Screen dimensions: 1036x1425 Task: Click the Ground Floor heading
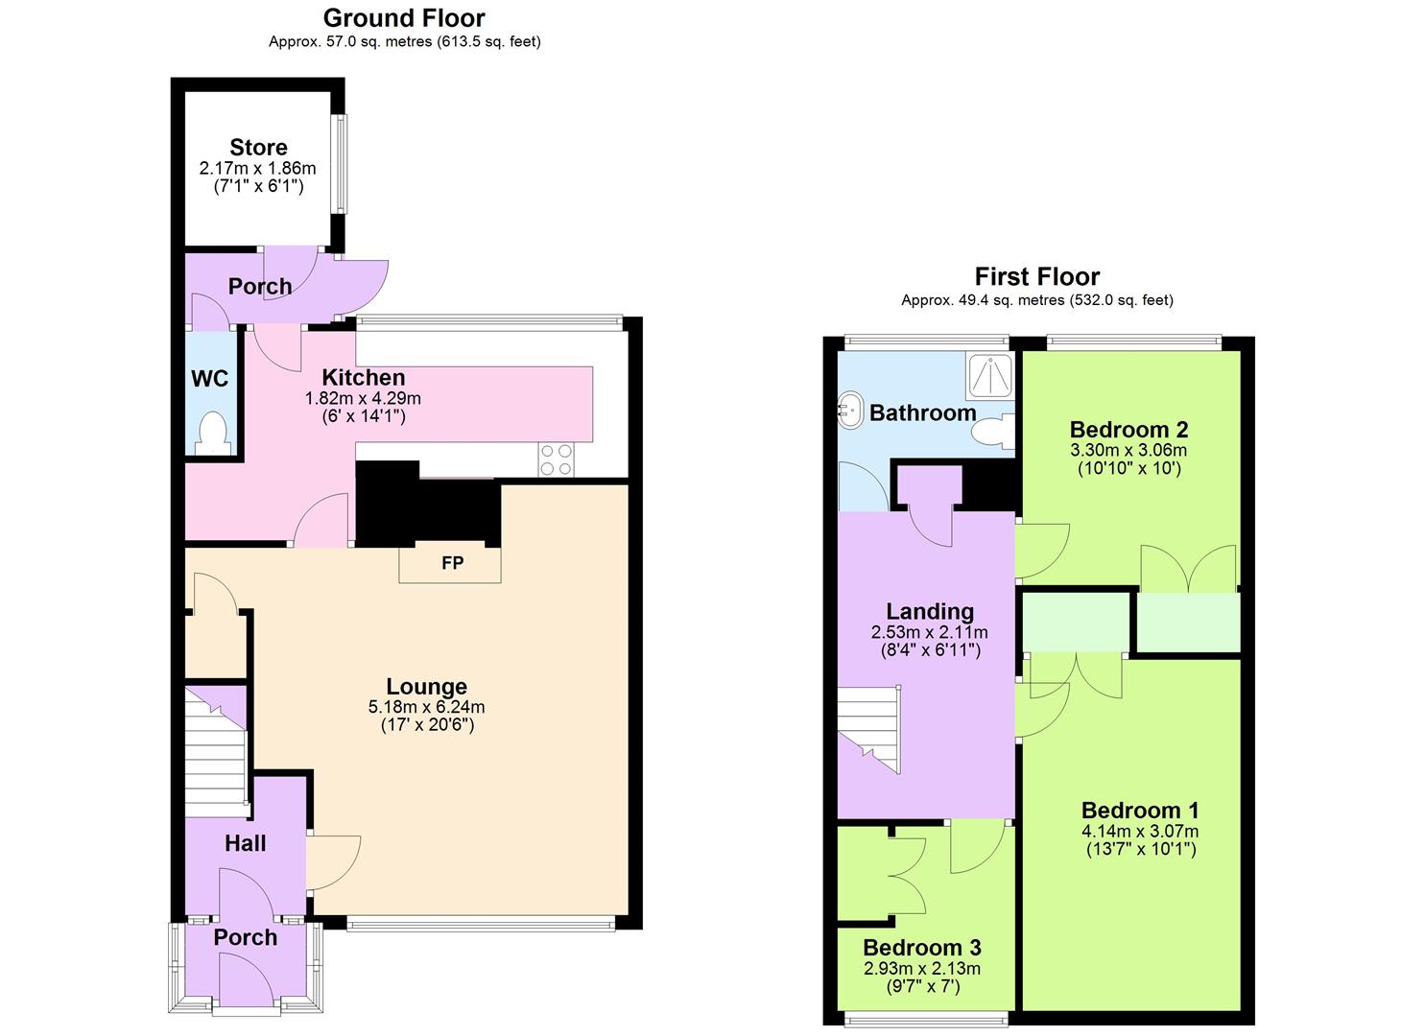pos(404,18)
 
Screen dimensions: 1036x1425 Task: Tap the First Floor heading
pos(1036,277)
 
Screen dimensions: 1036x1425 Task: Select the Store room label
pos(258,148)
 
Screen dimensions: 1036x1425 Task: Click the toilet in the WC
pos(211,434)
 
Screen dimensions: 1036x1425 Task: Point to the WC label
pos(210,379)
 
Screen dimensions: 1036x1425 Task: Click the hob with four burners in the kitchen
pos(556,459)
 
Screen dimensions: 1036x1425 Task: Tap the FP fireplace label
pos(452,563)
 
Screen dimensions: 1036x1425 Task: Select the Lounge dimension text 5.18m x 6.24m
pos(426,707)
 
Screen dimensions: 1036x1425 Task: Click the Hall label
pos(245,844)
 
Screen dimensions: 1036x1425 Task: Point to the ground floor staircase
pos(216,743)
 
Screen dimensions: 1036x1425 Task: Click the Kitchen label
pos(363,378)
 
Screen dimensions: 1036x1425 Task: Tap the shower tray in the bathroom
pos(989,375)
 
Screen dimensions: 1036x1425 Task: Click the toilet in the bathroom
pos(992,432)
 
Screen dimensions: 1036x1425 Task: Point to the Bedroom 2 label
pos(1128,430)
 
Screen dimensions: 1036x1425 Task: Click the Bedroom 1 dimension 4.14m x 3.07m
pos(1140,832)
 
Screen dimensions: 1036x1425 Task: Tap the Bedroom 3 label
pos(921,949)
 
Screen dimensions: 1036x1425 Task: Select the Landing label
pos(929,612)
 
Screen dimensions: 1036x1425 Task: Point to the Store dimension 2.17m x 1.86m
pos(257,168)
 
